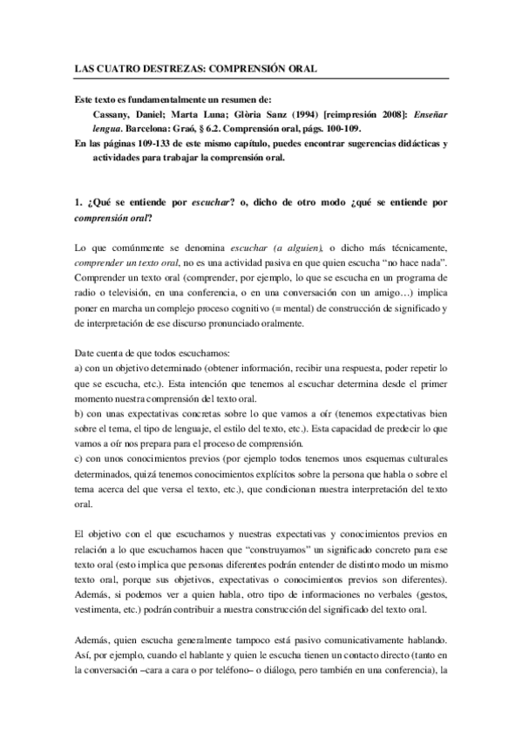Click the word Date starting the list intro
click(x=83, y=353)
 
